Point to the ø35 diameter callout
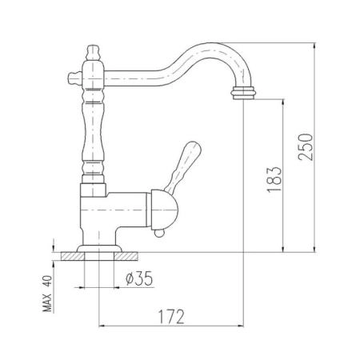click(x=140, y=279)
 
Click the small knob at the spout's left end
click(x=73, y=78)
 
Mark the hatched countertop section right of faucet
click(x=129, y=256)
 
